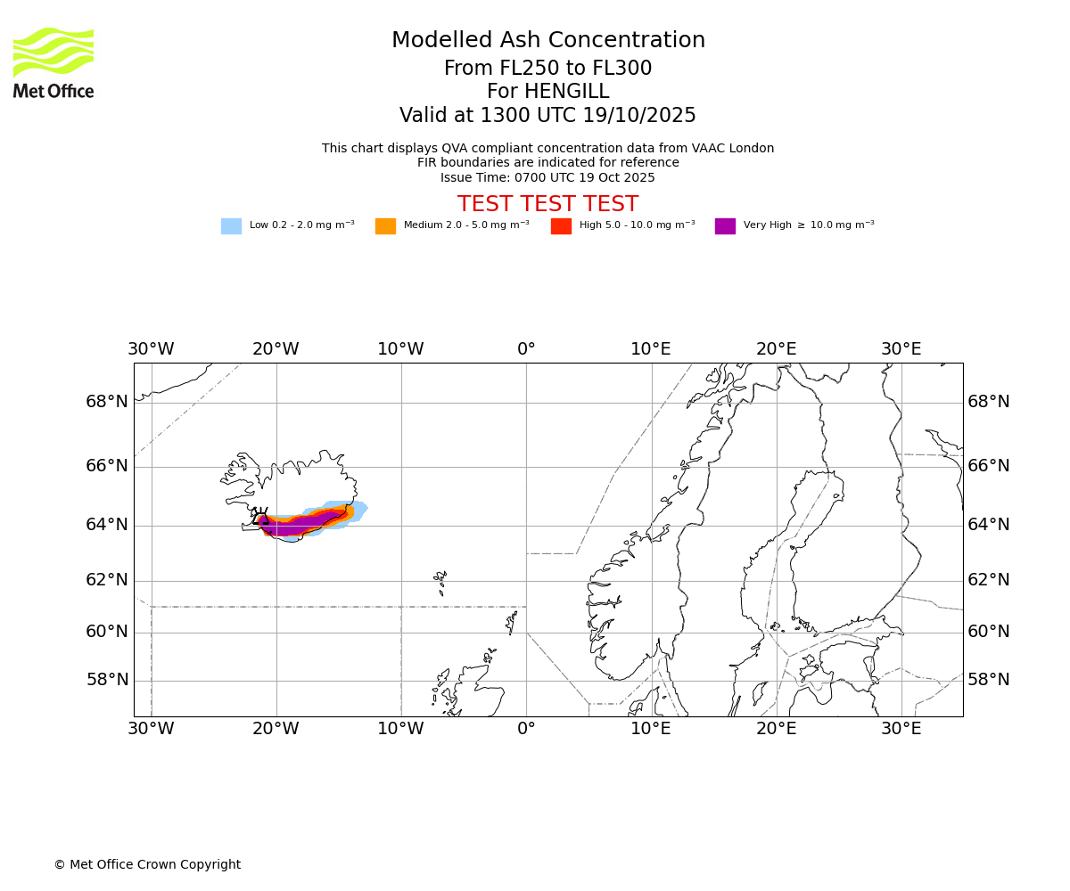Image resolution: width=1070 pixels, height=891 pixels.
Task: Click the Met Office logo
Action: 53,62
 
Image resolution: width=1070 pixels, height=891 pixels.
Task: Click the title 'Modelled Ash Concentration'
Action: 547,41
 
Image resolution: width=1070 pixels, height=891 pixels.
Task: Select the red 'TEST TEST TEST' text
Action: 547,205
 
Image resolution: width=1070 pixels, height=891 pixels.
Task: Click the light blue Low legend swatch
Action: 231,226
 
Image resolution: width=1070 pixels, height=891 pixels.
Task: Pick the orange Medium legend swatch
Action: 385,226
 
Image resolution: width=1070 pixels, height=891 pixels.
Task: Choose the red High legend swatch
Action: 561,226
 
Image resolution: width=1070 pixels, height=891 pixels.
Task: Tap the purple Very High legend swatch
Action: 725,226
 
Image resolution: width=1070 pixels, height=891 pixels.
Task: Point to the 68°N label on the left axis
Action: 107,402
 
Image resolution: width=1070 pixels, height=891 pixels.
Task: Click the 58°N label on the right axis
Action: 989,680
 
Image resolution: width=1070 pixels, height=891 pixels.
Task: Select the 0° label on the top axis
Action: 526,349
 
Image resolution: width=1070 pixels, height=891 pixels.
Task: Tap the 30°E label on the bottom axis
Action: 901,729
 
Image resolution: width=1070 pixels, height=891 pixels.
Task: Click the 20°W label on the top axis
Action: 276,349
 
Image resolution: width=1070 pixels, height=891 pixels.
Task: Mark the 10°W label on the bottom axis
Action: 400,729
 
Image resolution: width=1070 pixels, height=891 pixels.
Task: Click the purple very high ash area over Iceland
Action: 299,525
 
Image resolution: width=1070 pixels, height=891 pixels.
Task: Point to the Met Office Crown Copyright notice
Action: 147,864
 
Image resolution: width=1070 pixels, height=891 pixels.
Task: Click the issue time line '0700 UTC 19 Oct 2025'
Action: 547,178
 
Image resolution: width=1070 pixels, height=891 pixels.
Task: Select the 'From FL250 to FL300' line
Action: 547,69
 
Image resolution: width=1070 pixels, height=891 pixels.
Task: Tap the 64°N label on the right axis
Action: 989,525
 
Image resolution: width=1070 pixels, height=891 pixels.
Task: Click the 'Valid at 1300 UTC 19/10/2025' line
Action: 547,116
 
